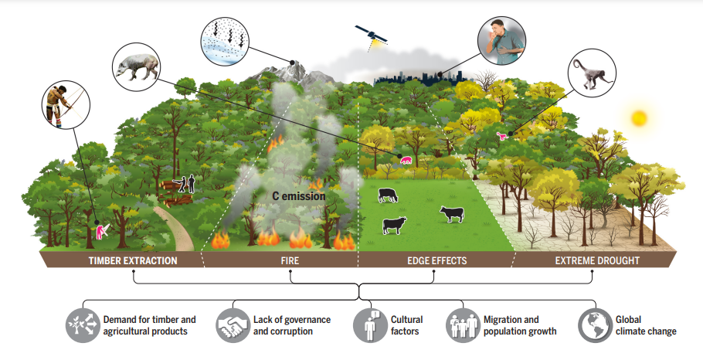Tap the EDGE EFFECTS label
(436, 260)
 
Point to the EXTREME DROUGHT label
(597, 260)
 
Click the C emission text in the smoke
(298, 196)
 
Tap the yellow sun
(638, 118)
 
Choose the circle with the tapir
(136, 67)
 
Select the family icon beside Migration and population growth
(462, 325)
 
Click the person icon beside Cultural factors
(369, 325)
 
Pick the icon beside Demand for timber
(81, 325)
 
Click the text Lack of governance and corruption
(291, 325)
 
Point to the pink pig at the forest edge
(406, 161)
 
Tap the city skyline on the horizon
(409, 76)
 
